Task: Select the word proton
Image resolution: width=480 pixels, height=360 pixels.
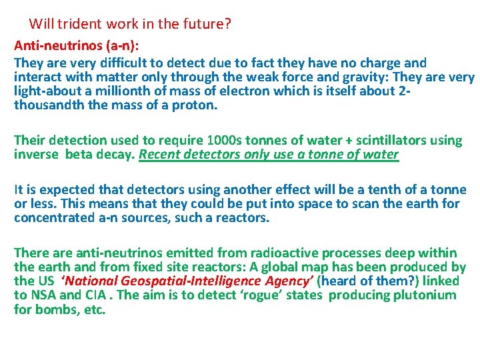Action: tap(194, 105)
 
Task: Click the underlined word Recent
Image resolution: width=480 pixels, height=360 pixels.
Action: tap(161, 155)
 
